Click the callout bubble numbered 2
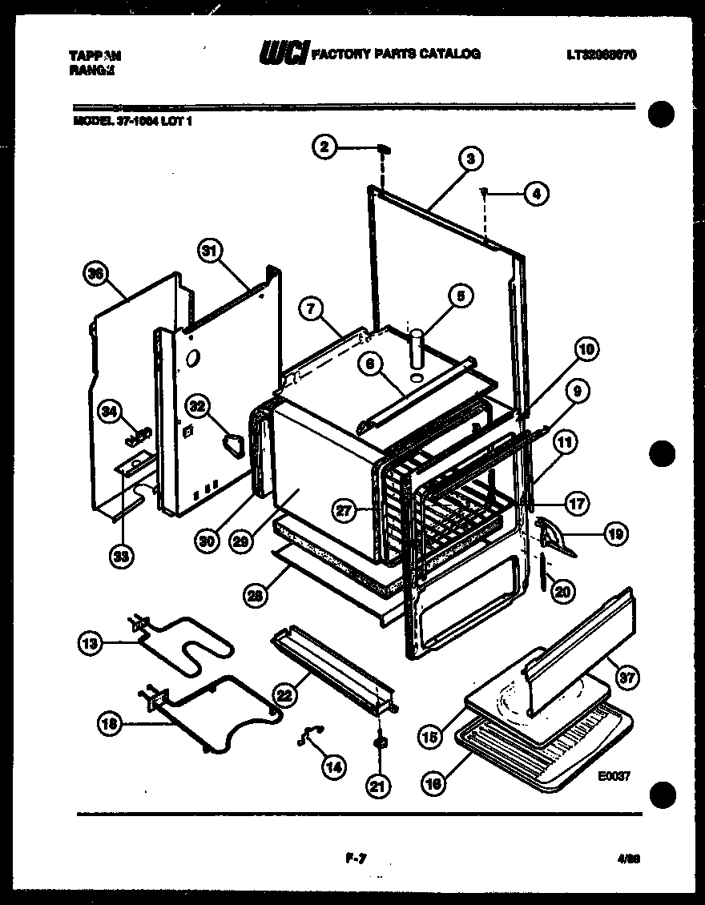pos(324,147)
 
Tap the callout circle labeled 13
pos(90,642)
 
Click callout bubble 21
pos(377,787)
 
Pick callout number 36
pos(96,275)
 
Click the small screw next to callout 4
pos(486,190)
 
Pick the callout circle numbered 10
pos(588,349)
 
